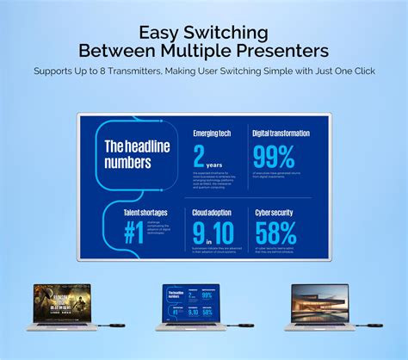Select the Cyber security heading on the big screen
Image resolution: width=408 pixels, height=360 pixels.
[x=275, y=210]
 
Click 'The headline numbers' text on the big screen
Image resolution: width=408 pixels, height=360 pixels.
[x=138, y=152]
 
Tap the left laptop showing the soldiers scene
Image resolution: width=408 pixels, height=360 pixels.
[x=62, y=306]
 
